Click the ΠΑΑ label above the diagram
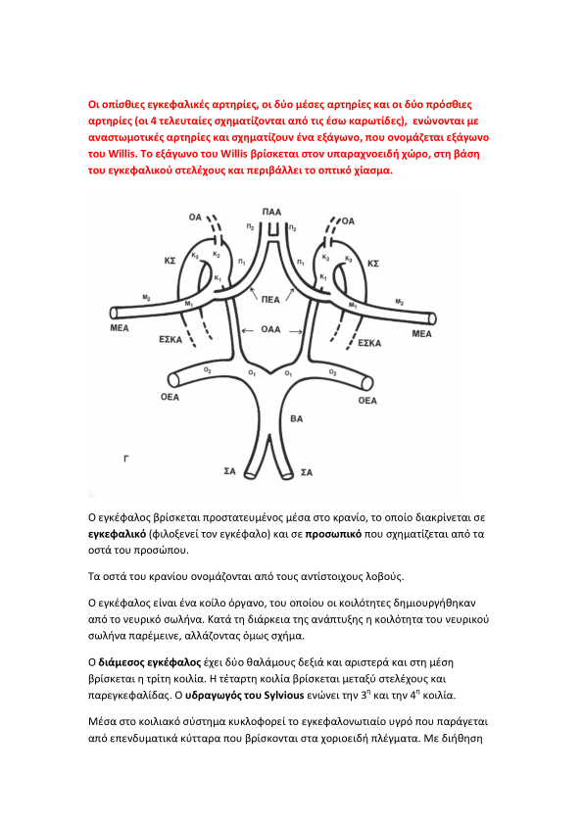(271, 212)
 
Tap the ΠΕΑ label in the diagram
(270, 300)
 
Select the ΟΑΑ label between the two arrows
(271, 329)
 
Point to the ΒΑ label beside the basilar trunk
(296, 418)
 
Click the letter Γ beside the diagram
(126, 459)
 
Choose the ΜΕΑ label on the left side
(120, 328)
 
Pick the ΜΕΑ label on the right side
(421, 333)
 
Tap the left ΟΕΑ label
(170, 397)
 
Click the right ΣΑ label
(307, 472)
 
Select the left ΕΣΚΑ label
(170, 339)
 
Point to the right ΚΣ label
(373, 263)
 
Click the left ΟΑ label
(195, 217)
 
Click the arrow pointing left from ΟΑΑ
(247, 330)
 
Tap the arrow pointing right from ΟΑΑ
(296, 331)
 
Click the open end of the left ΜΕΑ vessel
(113, 314)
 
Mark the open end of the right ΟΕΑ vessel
(367, 383)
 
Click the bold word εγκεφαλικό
(117, 534)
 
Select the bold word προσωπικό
(333, 534)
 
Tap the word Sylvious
(284, 695)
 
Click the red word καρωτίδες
(379, 121)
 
